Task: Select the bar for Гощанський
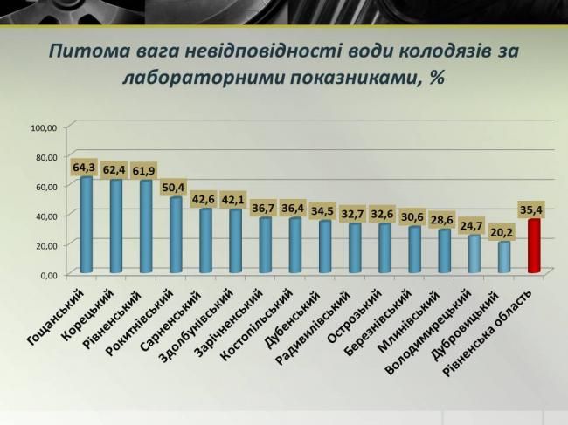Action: click(x=86, y=225)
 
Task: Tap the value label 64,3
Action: click(x=84, y=166)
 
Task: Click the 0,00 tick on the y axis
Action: click(x=46, y=275)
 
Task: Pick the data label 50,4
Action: click(x=175, y=187)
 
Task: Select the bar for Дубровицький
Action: click(x=502, y=257)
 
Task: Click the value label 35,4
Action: click(x=531, y=209)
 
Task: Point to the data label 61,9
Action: click(x=145, y=170)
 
